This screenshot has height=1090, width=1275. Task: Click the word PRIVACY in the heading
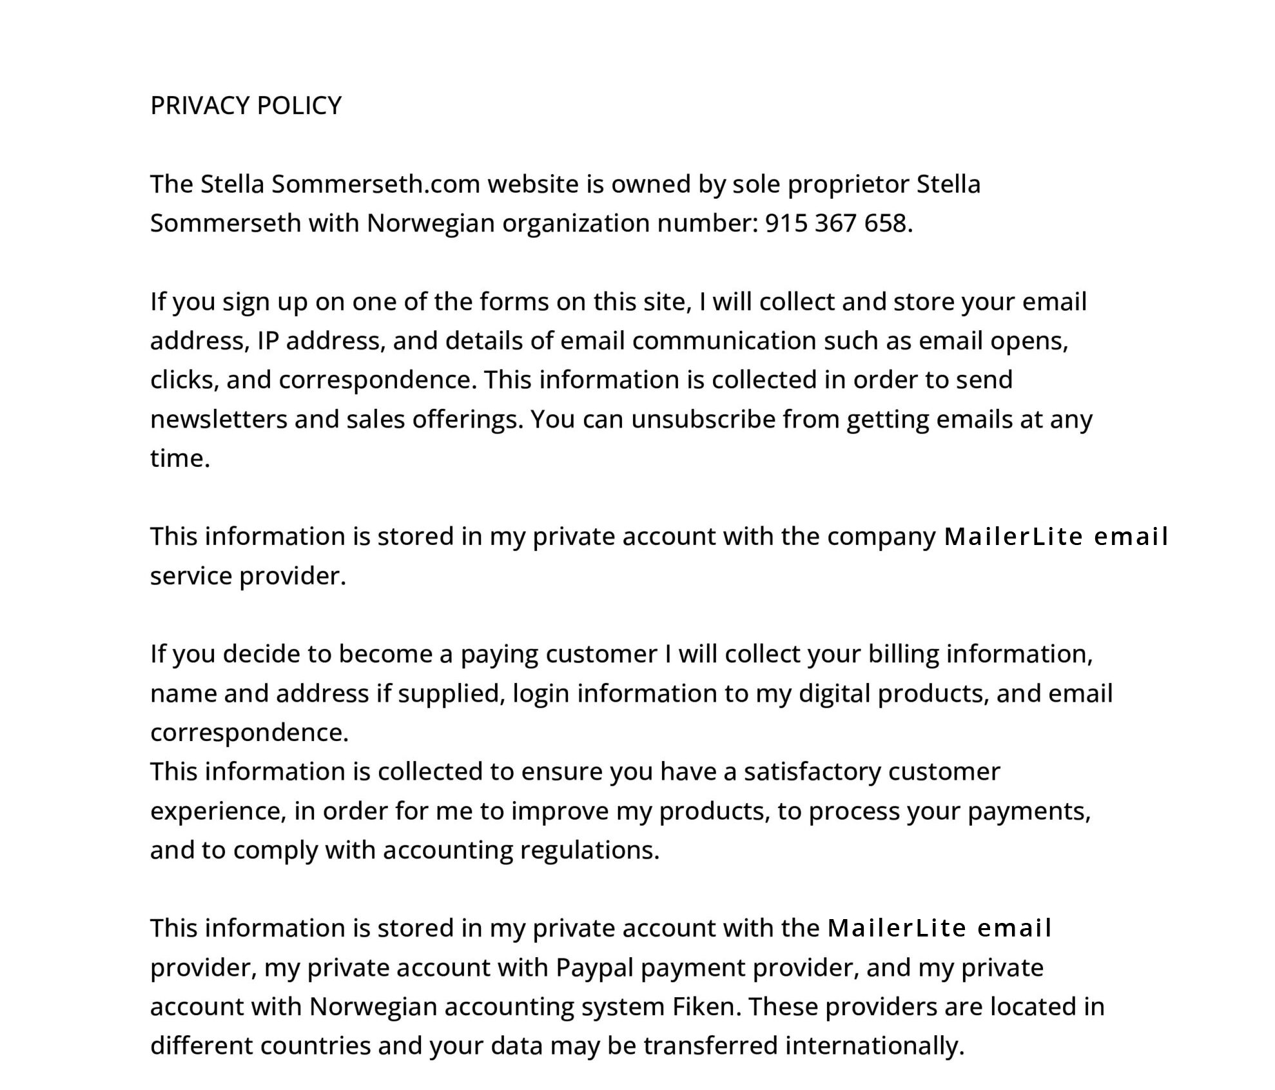click(200, 106)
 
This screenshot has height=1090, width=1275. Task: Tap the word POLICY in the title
click(299, 106)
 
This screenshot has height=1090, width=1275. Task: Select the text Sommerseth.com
click(376, 184)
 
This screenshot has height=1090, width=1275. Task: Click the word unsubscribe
click(703, 420)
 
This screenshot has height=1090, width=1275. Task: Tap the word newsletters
click(219, 420)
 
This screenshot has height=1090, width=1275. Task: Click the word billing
click(904, 655)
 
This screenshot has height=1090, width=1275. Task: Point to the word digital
click(835, 694)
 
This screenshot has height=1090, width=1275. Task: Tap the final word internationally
click(874, 1046)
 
